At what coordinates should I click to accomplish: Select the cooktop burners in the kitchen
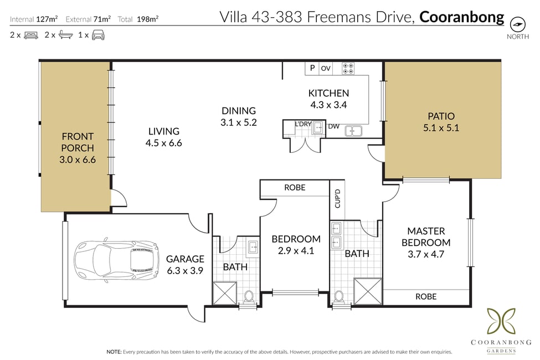point(348,68)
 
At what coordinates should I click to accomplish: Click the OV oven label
point(326,68)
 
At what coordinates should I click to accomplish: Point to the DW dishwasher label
point(333,126)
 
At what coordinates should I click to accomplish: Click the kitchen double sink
point(353,131)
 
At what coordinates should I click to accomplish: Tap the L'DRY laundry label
point(303,124)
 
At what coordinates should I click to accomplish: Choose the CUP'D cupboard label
point(337,198)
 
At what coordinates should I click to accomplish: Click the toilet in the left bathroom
point(248,297)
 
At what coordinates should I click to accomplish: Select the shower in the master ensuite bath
point(368,291)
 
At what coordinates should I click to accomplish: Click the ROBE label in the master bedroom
point(426,297)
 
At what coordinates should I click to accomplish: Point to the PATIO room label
point(441,116)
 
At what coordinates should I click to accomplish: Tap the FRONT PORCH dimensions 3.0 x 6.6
point(78,160)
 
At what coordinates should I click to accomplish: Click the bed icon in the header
point(31,35)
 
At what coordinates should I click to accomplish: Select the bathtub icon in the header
point(65,34)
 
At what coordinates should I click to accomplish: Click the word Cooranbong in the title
point(461,17)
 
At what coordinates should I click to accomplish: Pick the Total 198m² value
point(147,19)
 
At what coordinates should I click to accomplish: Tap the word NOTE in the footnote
point(114,352)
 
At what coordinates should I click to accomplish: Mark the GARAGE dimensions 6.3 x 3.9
point(185,271)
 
